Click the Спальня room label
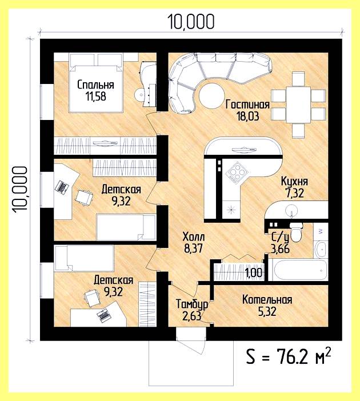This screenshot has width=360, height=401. pyautogui.click(x=95, y=85)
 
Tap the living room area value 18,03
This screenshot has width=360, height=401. pyautogui.click(x=247, y=117)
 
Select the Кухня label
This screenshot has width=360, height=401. pyautogui.click(x=294, y=181)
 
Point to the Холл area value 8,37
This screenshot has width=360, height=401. pyautogui.click(x=194, y=248)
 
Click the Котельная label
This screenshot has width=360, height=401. pyautogui.click(x=267, y=300)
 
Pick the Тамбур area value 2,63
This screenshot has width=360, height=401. pyautogui.click(x=191, y=316)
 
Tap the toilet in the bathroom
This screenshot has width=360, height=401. pyautogui.click(x=296, y=232)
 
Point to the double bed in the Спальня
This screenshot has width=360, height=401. pyautogui.click(x=96, y=83)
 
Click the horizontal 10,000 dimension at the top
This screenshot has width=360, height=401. pyautogui.click(x=191, y=22)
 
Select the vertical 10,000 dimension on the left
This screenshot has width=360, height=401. pyautogui.click(x=20, y=189)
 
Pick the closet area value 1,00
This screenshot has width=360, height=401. pyautogui.click(x=254, y=272)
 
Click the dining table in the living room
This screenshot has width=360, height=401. pyautogui.click(x=298, y=105)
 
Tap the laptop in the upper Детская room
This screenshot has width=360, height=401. pyautogui.click(x=62, y=187)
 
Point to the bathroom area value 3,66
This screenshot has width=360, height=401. pyautogui.click(x=280, y=248)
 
